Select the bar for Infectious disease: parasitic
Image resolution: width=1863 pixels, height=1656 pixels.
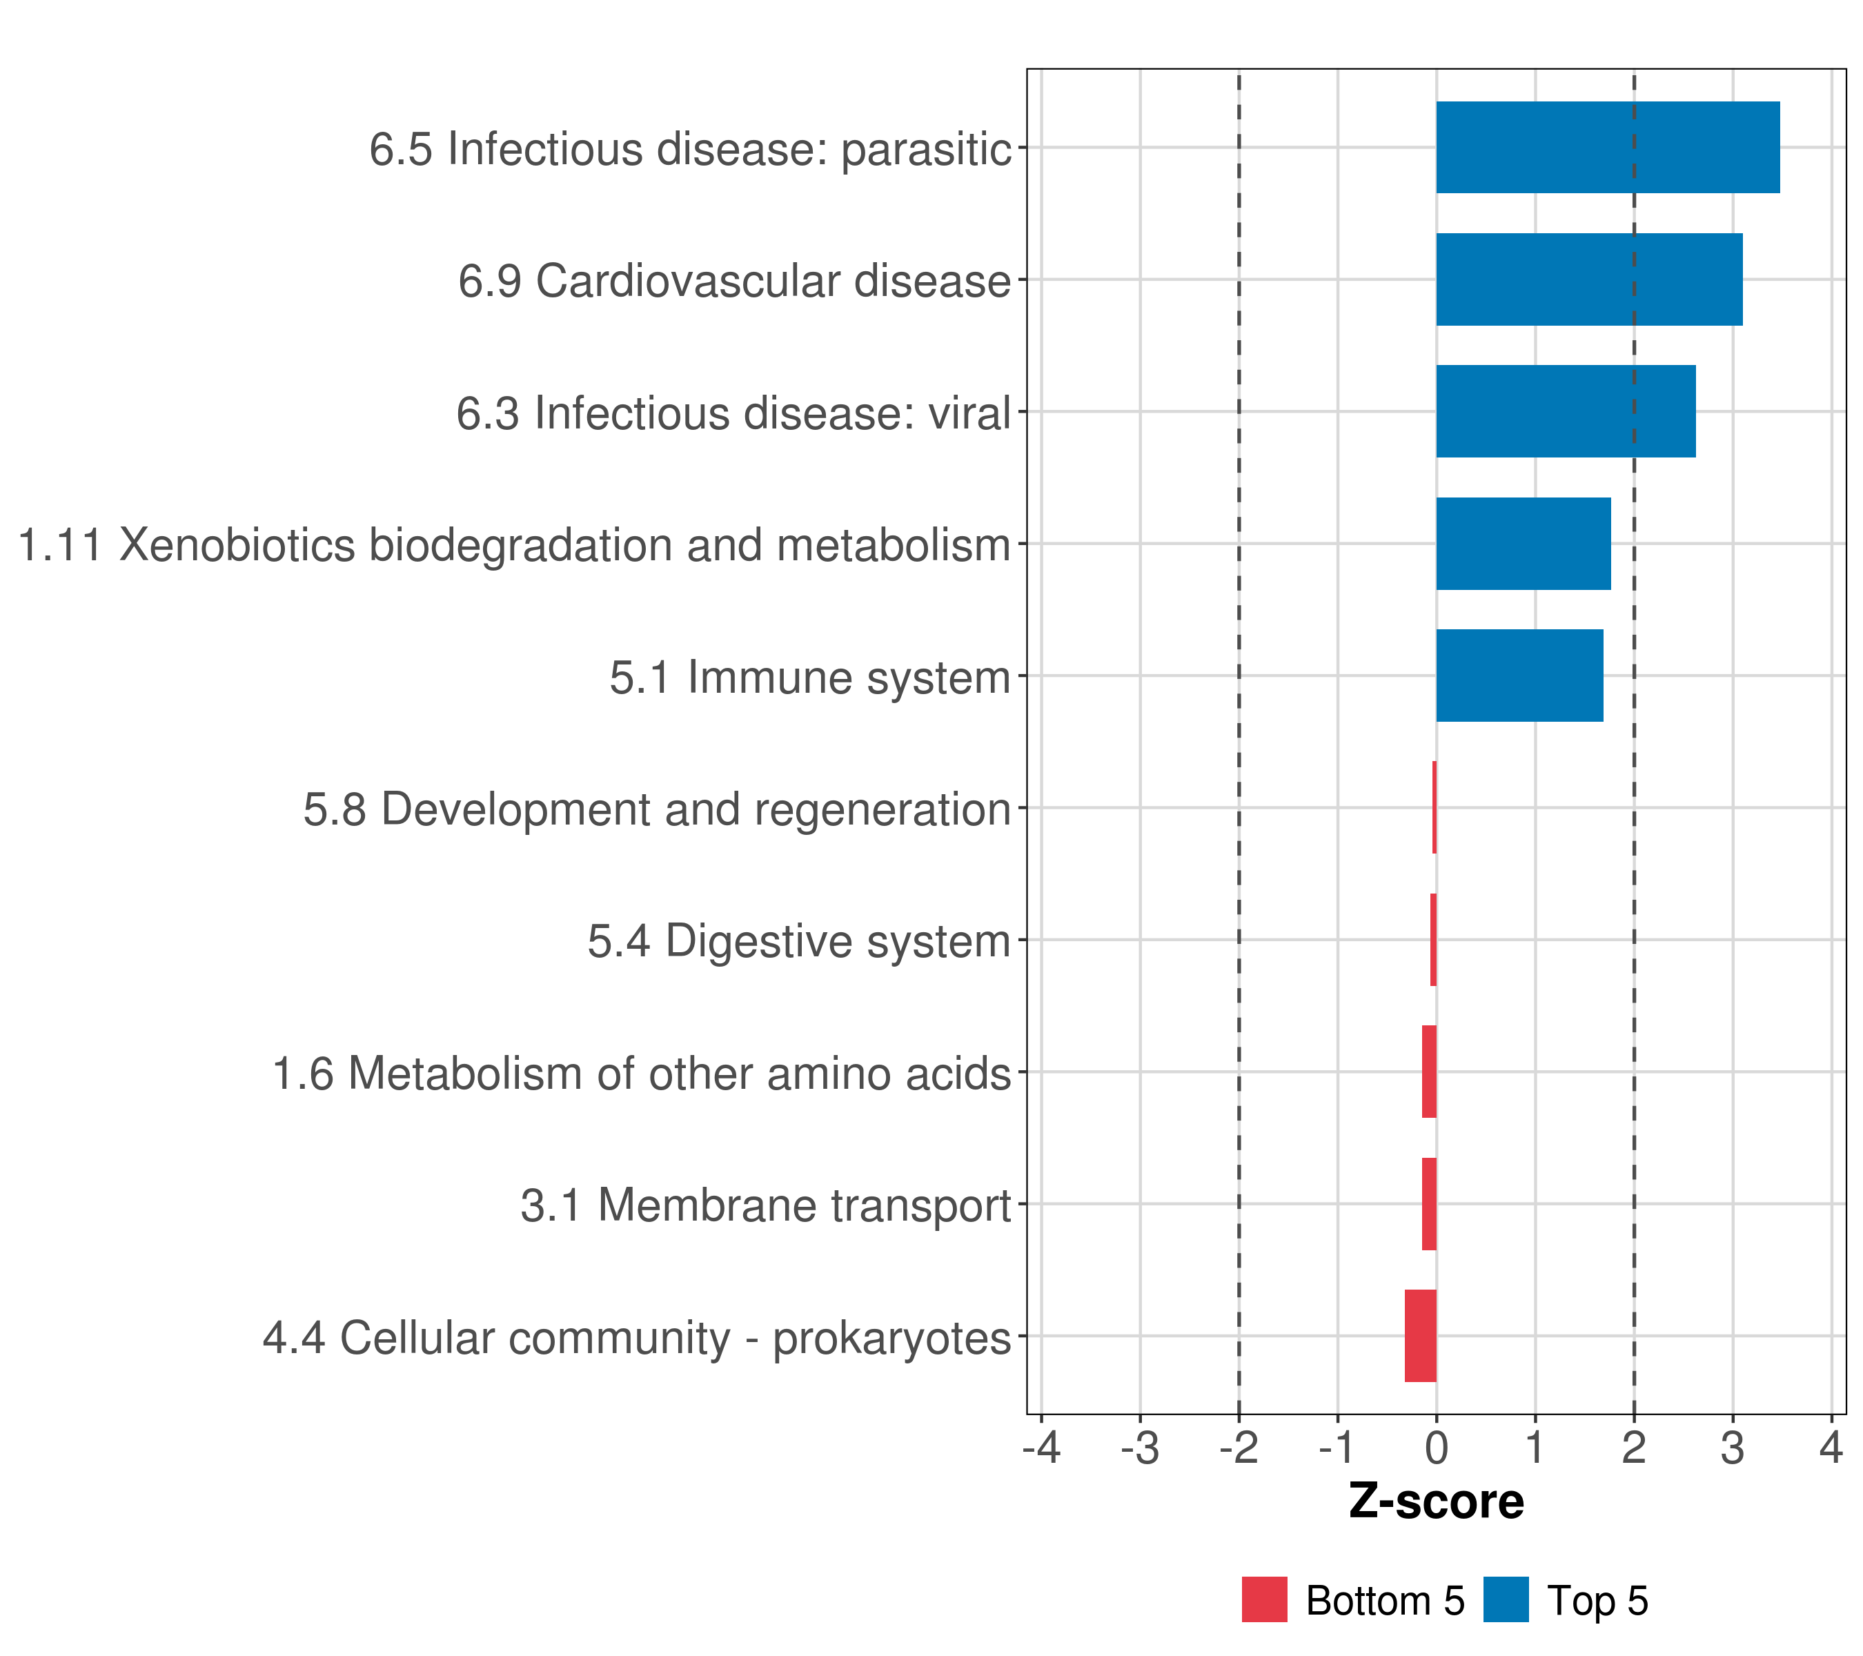(1607, 148)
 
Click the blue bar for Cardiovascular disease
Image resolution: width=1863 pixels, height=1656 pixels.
(1588, 280)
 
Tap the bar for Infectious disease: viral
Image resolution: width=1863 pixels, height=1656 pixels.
(1565, 411)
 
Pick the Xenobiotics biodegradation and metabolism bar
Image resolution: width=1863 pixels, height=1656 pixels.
(1523, 544)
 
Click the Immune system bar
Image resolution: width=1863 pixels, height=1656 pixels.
(1519, 676)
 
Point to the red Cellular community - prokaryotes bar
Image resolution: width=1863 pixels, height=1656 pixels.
(1420, 1336)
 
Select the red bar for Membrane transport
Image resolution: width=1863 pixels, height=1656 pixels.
(1428, 1204)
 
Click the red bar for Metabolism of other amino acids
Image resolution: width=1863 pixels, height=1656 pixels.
(1428, 1072)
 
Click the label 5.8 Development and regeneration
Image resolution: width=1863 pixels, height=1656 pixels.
(656, 809)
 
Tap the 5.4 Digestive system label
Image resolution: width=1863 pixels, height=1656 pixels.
(798, 941)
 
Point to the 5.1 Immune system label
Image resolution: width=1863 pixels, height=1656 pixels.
(809, 677)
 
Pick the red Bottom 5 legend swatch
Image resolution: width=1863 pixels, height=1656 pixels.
(1264, 1599)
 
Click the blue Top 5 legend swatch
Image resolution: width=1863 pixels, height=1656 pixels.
(1506, 1599)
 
